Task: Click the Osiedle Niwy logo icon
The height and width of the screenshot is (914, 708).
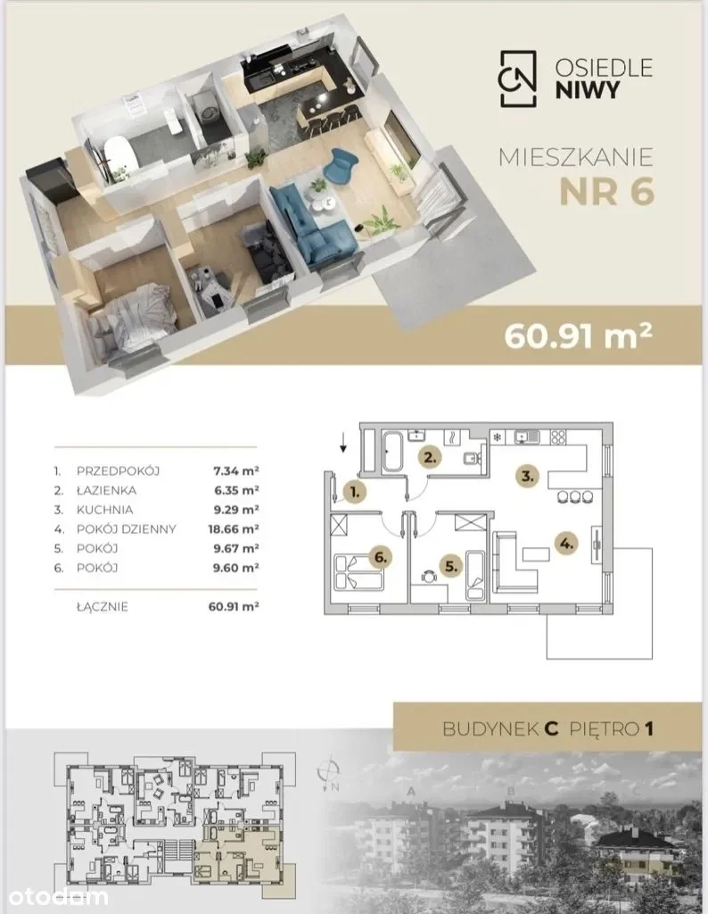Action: (517, 79)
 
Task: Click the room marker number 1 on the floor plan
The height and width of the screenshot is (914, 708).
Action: (355, 492)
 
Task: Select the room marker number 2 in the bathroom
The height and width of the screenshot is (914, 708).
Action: (430, 458)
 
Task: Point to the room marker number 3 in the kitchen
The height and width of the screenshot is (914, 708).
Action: (527, 476)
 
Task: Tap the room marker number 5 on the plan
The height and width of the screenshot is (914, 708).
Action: (450, 565)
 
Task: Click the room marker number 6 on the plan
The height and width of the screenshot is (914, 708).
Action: (380, 557)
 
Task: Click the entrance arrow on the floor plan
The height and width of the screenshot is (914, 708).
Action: (343, 444)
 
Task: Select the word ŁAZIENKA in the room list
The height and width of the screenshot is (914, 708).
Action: (106, 490)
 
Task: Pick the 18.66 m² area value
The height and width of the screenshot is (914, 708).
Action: (234, 528)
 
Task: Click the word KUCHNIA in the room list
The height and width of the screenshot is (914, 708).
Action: (105, 510)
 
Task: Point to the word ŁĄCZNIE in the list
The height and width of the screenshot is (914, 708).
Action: (102, 607)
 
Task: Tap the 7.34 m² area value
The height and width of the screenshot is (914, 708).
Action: (236, 470)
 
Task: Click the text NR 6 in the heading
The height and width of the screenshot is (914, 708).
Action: (606, 192)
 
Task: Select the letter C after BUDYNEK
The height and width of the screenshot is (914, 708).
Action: (551, 728)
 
